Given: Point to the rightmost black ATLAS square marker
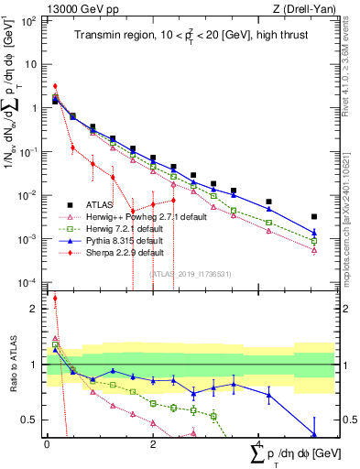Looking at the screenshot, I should click(x=314, y=217).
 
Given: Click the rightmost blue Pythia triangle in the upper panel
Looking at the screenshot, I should click(x=314, y=233).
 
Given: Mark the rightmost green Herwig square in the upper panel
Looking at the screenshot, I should click(x=314, y=241).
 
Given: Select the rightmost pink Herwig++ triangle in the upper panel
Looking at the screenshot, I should click(x=314, y=250).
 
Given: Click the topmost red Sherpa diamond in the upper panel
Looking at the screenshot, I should click(x=55, y=86).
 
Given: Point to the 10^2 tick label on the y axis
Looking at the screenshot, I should click(x=28, y=19).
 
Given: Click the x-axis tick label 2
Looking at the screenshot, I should click(x=152, y=443).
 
